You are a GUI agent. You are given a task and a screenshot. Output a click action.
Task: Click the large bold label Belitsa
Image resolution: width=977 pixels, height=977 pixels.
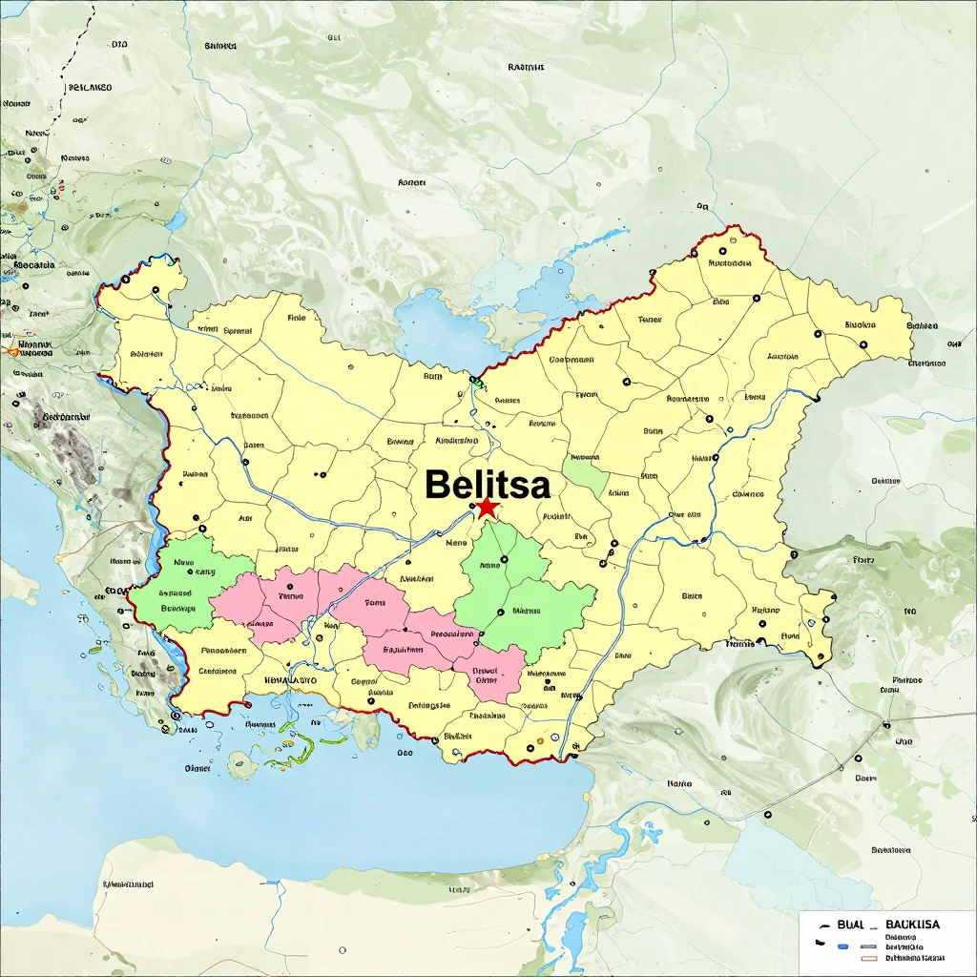(488, 485)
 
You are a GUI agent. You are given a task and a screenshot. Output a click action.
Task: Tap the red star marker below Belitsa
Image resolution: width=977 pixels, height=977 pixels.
(488, 508)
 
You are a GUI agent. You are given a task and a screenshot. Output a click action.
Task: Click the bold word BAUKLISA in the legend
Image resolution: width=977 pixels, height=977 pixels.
(912, 925)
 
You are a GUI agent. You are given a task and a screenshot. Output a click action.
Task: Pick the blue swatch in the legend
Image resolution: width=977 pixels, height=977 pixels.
(842, 947)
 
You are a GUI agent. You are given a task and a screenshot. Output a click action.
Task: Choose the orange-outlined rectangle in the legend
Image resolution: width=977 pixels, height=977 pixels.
(868, 957)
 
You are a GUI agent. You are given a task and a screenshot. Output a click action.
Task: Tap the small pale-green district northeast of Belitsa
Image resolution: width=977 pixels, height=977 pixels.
(585, 473)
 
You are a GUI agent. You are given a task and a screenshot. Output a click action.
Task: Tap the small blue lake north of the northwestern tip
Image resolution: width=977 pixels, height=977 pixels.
(176, 221)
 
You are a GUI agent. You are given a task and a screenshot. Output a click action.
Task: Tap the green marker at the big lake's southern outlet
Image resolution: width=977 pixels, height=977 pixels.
(476, 384)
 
